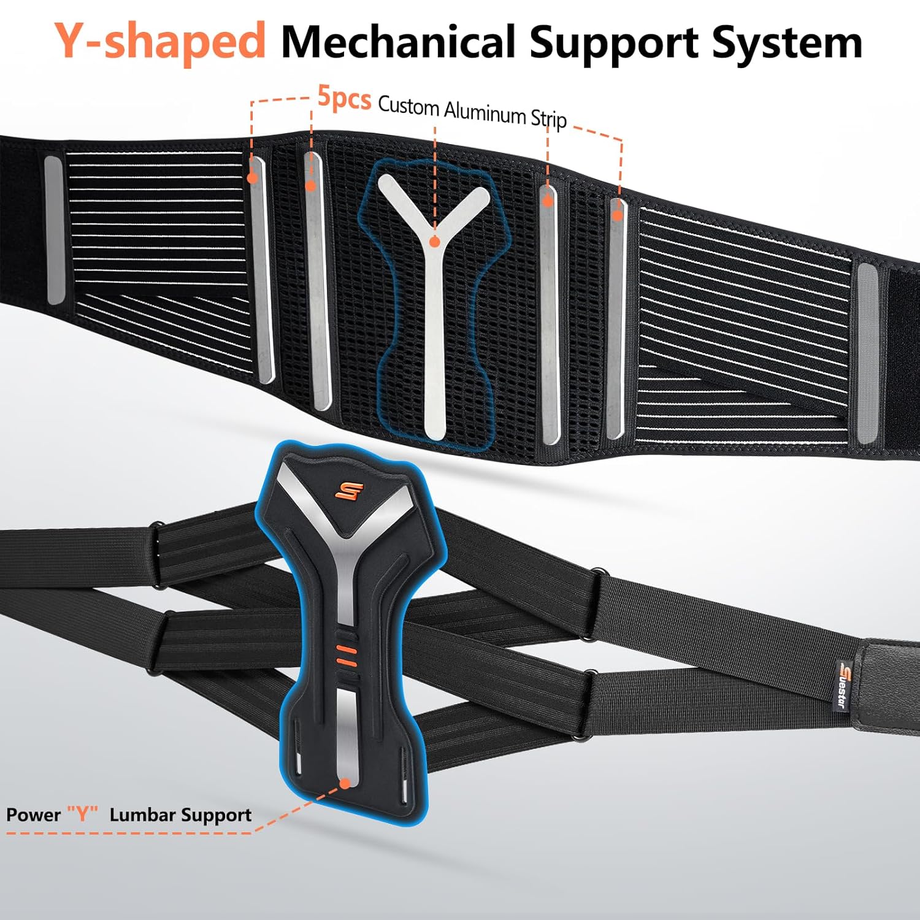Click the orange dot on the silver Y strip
(x=434, y=242)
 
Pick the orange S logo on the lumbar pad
(x=349, y=491)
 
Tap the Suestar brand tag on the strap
(x=841, y=683)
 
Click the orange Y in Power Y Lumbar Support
(x=82, y=815)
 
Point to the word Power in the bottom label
(x=33, y=815)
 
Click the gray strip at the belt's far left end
(x=54, y=230)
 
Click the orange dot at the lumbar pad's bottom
(x=345, y=783)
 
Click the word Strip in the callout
(x=548, y=118)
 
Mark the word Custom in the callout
(x=408, y=106)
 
